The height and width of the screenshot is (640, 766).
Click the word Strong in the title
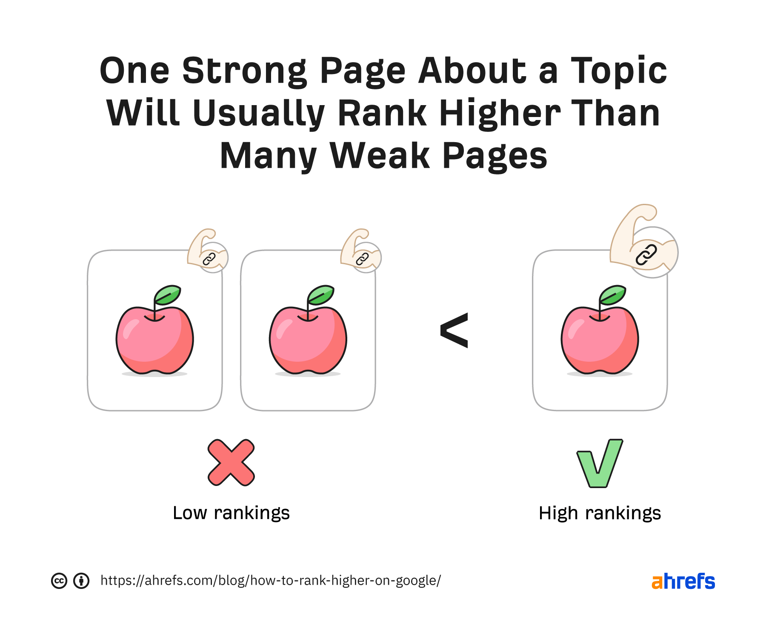(244, 71)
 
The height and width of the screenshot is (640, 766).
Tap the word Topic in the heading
(619, 71)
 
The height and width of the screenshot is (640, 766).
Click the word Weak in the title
(380, 156)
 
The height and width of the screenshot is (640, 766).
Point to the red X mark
(231, 463)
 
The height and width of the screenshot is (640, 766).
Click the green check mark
(600, 463)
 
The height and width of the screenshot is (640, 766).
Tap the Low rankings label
(231, 513)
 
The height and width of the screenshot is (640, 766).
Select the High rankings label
(600, 513)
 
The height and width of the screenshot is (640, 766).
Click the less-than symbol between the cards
(454, 330)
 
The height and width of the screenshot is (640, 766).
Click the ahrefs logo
(683, 581)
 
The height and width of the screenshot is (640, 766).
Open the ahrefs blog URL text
(271, 580)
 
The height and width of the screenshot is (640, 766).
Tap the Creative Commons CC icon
(59, 581)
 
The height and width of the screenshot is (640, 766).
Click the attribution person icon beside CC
(81, 581)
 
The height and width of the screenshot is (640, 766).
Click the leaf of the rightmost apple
(613, 294)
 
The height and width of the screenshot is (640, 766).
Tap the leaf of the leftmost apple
(168, 294)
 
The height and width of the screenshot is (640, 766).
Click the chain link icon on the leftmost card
(209, 258)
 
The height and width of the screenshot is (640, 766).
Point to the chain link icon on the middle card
(362, 258)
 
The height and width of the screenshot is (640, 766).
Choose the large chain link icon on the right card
(646, 255)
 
